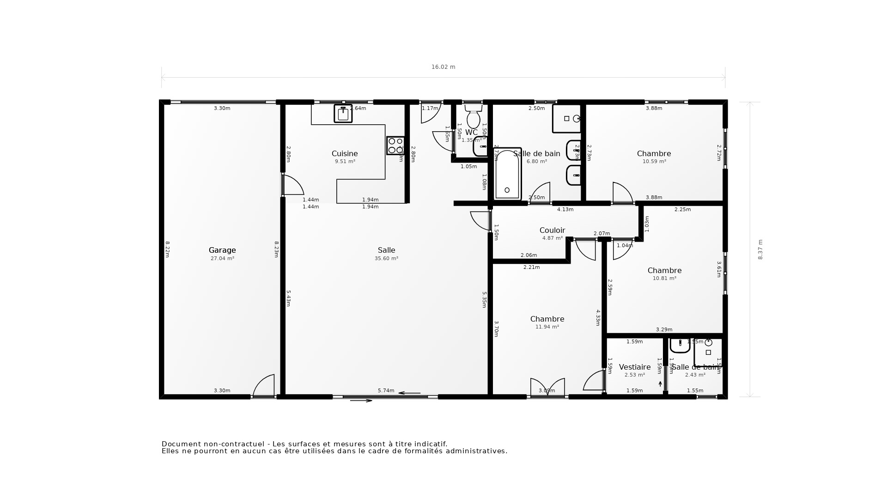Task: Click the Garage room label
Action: tap(222, 250)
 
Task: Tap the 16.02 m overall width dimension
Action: tap(443, 67)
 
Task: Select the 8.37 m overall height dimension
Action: tap(760, 249)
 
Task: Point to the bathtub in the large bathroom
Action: tap(507, 174)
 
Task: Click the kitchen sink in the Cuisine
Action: tap(343, 113)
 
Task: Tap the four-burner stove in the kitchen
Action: tap(395, 145)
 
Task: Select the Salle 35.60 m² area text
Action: tap(386, 259)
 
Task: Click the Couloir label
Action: tap(552, 230)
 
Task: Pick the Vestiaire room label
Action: tap(634, 367)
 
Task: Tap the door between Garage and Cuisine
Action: tap(292, 185)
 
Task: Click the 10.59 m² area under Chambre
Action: tap(654, 162)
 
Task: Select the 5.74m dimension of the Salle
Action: tap(386, 390)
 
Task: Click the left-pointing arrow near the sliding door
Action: tap(409, 393)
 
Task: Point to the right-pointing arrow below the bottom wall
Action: tap(361, 401)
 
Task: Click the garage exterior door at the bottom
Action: tap(264, 386)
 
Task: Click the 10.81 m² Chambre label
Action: tap(664, 270)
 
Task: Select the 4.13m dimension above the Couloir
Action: tap(565, 209)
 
